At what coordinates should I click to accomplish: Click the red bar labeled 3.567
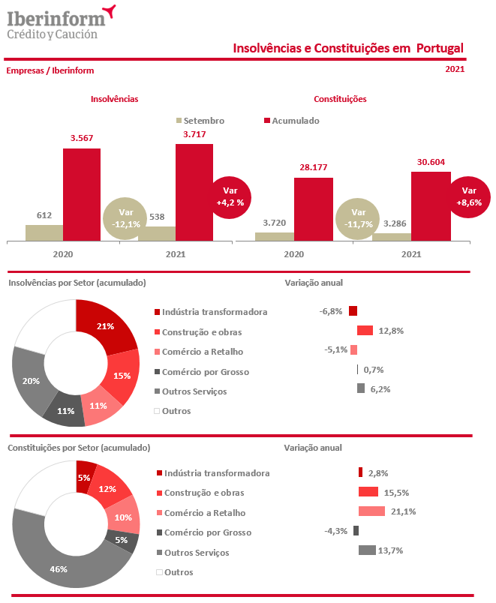coord(81,194)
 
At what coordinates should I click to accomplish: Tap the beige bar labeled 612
coord(44,232)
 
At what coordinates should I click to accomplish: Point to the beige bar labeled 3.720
coord(274,236)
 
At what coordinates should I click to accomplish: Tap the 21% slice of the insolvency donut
coord(106,327)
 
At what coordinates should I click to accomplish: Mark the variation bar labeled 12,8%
coord(365,331)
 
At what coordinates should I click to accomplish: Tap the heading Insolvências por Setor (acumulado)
coord(76,283)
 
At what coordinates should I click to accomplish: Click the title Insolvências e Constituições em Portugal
coord(348,49)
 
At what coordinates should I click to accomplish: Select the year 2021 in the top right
coord(454,70)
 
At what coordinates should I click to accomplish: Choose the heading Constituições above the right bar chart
coord(339,99)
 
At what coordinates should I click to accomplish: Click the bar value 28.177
coord(314,168)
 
